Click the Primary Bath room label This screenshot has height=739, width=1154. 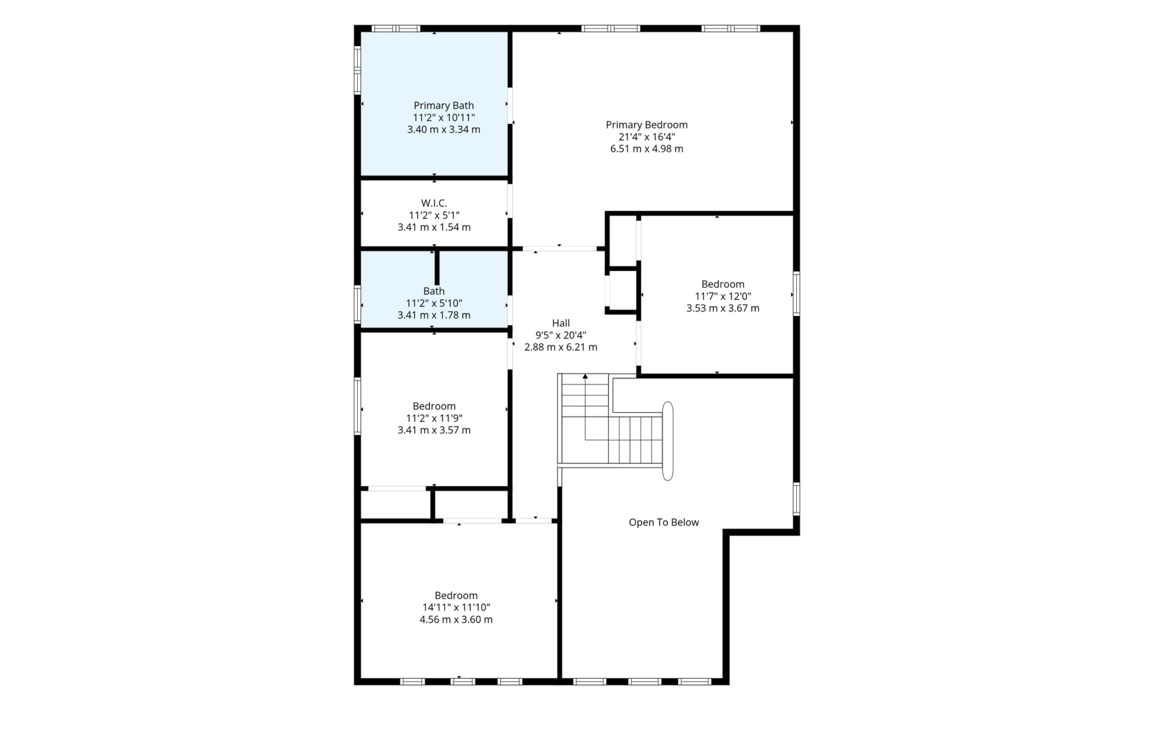pyautogui.click(x=444, y=106)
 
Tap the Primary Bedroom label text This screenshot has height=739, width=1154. pyautogui.click(x=646, y=125)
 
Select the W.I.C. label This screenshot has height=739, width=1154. pyautogui.click(x=434, y=203)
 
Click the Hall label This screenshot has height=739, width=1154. pyautogui.click(x=561, y=323)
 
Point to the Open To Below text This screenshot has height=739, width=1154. pyautogui.click(x=664, y=522)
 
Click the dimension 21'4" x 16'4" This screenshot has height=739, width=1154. pyautogui.click(x=646, y=137)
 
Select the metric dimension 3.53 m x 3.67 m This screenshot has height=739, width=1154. pyautogui.click(x=723, y=308)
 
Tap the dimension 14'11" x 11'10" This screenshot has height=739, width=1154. pyautogui.click(x=456, y=607)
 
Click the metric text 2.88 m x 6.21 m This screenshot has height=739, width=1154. pyautogui.click(x=561, y=347)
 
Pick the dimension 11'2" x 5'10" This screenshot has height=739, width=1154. pyautogui.click(x=434, y=303)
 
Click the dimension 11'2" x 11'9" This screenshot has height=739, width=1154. pyautogui.click(x=434, y=418)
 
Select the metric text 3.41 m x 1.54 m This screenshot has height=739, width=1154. pyautogui.click(x=434, y=227)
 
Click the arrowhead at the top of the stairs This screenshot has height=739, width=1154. pyautogui.click(x=585, y=377)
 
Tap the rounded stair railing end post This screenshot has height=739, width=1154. pyautogui.click(x=667, y=441)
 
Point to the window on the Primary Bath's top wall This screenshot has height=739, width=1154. pyautogui.click(x=396, y=28)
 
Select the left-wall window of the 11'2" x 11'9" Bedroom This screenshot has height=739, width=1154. pyautogui.click(x=357, y=406)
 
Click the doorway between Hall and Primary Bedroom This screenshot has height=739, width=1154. pyautogui.click(x=560, y=249)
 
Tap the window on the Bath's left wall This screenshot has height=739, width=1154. pyautogui.click(x=357, y=304)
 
